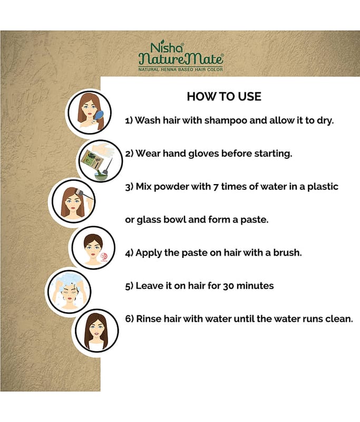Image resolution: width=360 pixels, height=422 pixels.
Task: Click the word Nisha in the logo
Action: pos(167,48)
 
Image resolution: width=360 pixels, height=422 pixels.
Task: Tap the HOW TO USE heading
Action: pos(224,97)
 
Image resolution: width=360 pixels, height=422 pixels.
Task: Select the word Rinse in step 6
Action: pos(149,319)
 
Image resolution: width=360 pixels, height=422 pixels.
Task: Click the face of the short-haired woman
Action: pos(93,249)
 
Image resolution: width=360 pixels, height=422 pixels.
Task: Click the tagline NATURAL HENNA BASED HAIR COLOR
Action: pos(180,70)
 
